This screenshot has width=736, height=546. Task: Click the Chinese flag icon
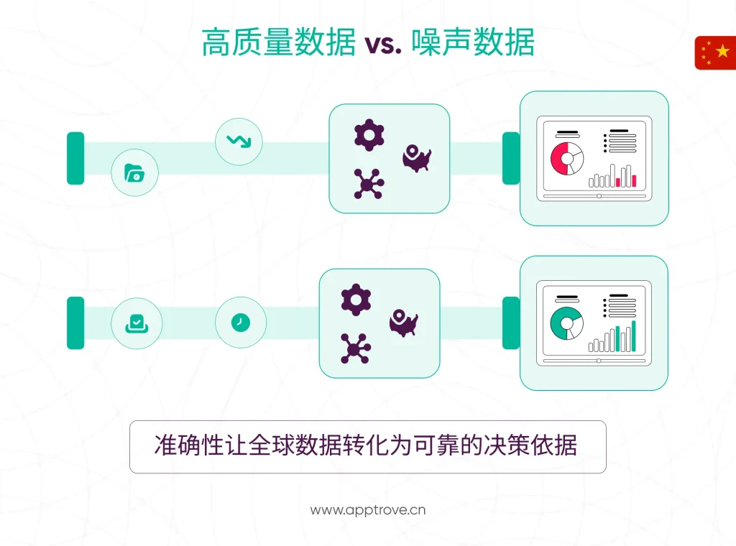716,52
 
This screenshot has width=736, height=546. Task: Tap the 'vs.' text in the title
382,45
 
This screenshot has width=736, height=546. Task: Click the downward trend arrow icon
239,141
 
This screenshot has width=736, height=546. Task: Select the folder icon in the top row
134,172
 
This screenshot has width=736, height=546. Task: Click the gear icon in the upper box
369,135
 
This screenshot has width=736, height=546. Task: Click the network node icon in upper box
368,184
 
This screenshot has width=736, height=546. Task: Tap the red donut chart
566,158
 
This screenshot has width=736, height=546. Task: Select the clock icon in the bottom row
241,323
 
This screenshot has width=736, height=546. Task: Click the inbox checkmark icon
136,323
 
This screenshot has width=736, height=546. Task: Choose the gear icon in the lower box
355,300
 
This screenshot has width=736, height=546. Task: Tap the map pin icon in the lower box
403,322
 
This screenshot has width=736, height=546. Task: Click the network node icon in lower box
354,348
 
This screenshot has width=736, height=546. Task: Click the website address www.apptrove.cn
368,510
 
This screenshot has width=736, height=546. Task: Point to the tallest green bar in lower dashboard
633,336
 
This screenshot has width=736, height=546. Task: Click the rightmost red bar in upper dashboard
634,180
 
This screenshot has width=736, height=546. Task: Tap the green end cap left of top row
75,158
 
